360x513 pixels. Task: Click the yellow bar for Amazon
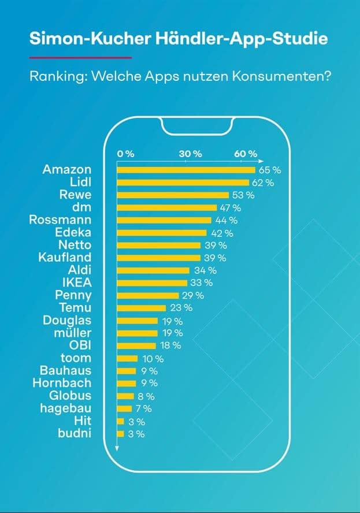click(x=185, y=170)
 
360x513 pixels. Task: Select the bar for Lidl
click(x=183, y=183)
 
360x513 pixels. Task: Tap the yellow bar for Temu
click(x=141, y=308)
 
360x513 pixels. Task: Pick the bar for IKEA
click(x=152, y=283)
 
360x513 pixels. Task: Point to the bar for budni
click(x=120, y=433)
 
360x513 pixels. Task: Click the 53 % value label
click(x=243, y=195)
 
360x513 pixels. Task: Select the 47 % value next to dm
click(x=229, y=207)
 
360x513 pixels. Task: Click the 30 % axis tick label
click(x=190, y=154)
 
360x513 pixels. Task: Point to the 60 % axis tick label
click(x=246, y=154)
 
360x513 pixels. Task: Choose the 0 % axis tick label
click(x=125, y=154)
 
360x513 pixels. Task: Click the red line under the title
click(x=80, y=57)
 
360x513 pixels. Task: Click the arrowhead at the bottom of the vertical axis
click(x=117, y=448)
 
